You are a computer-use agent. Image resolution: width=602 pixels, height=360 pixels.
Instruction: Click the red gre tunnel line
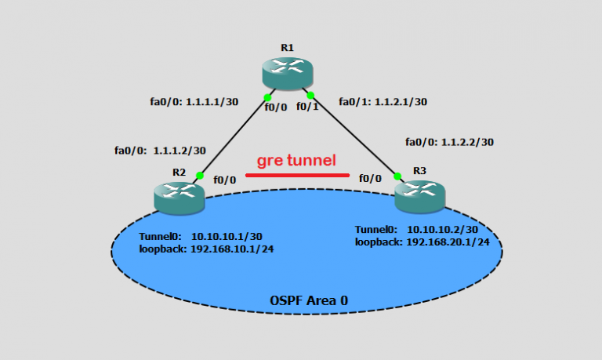tap(297, 175)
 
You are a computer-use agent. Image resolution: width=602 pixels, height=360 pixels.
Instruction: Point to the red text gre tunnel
tap(297, 161)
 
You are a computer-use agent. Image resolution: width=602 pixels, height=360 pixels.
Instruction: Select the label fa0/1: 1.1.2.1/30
tap(383, 101)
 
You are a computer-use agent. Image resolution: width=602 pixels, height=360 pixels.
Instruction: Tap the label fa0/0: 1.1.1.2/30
tap(160, 151)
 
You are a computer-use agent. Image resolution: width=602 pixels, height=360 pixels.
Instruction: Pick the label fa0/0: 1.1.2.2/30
tap(449, 142)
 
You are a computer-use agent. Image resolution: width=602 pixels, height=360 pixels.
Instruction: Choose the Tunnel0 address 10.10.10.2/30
tap(441, 230)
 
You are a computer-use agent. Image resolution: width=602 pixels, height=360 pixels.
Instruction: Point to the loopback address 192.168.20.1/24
tap(448, 242)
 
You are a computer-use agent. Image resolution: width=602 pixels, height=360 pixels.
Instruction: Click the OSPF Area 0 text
tap(308, 300)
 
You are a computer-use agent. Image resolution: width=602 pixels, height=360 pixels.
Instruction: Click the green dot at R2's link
tap(200, 176)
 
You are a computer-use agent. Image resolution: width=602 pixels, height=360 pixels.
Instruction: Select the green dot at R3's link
tap(397, 176)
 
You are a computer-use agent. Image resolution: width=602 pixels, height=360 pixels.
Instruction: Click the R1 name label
tap(287, 48)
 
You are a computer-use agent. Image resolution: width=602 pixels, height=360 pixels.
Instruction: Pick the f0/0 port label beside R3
tap(370, 179)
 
